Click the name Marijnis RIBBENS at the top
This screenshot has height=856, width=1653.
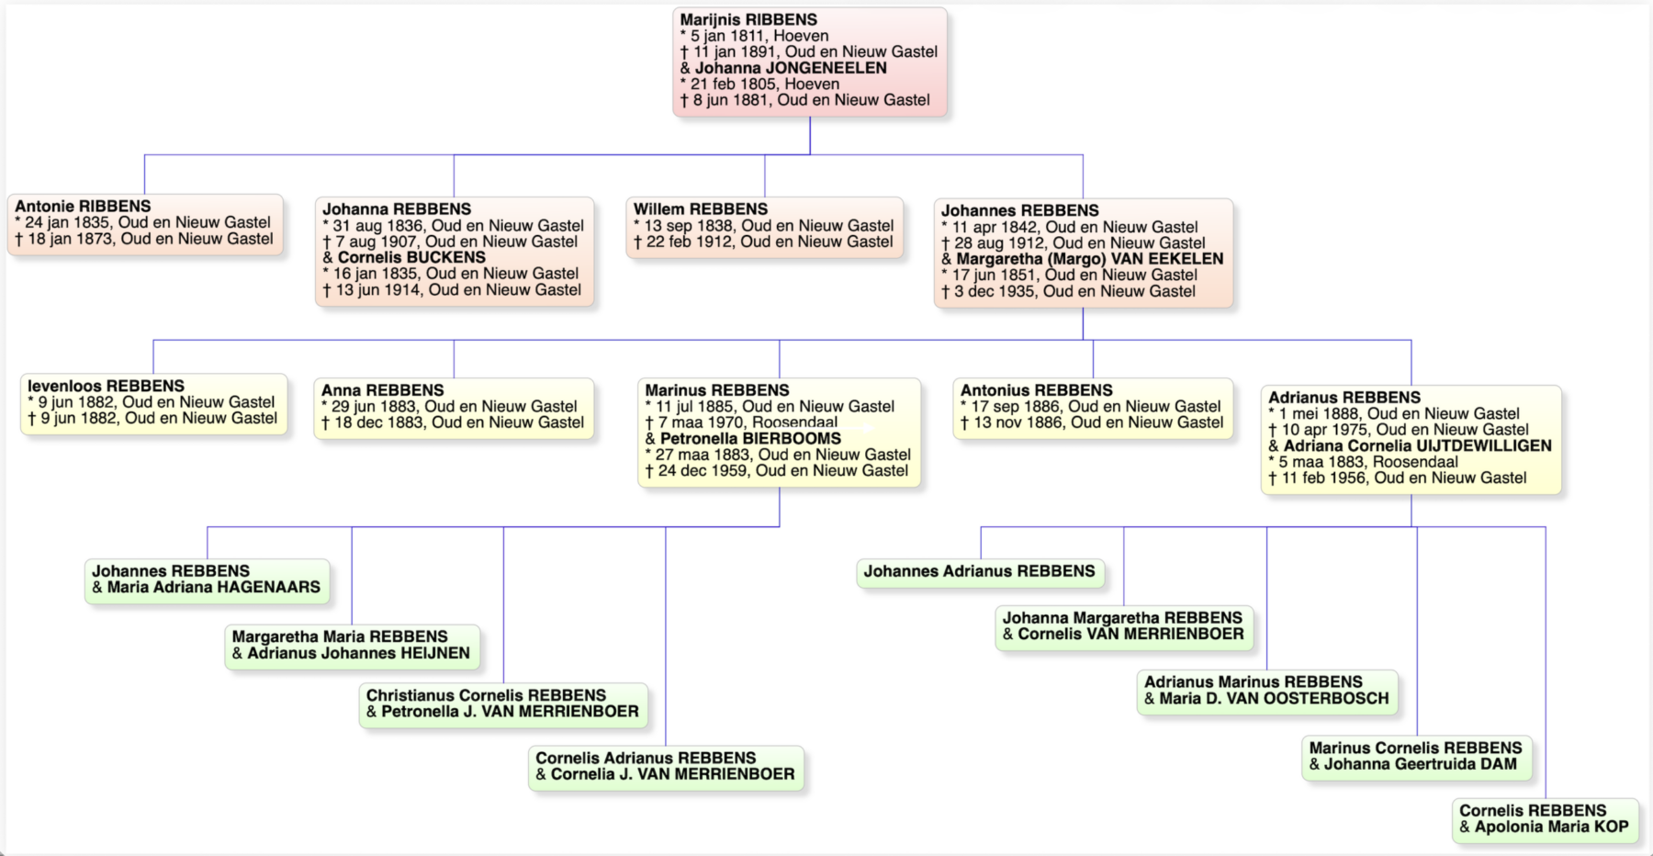(748, 19)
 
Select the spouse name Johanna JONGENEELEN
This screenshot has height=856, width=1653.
(791, 68)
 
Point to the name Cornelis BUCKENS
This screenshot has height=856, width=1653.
(411, 258)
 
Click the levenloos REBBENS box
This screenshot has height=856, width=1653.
(153, 403)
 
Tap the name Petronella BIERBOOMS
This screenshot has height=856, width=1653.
(750, 439)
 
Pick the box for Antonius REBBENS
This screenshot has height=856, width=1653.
(1093, 408)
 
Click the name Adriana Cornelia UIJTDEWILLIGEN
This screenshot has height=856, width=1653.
(1418, 446)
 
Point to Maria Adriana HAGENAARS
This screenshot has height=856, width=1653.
(214, 588)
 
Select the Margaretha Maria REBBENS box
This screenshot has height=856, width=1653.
(352, 647)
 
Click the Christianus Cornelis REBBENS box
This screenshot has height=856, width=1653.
(503, 705)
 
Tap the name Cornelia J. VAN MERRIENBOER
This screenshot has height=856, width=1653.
(673, 774)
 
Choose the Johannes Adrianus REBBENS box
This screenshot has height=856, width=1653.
(980, 573)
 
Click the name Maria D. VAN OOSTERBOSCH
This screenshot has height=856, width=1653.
(1275, 699)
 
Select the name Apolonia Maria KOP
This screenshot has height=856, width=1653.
(1552, 827)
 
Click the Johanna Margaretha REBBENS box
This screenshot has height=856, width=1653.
(1124, 627)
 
